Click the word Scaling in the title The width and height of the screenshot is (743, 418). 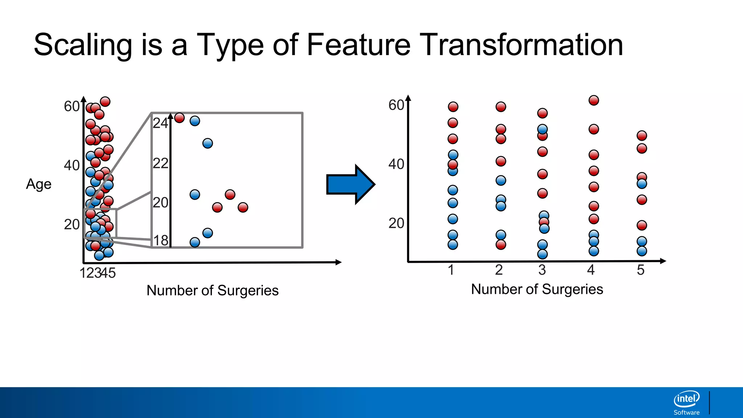coord(83,45)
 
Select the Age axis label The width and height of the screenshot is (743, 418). coord(38,184)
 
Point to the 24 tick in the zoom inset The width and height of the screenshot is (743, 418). coord(160,123)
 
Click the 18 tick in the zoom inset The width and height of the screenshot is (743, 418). coord(161,241)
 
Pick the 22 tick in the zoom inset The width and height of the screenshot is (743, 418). coord(160,164)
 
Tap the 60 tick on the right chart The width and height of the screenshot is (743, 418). coord(396,105)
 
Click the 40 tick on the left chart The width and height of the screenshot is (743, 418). coord(71,165)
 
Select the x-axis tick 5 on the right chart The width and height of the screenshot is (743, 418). coord(641,270)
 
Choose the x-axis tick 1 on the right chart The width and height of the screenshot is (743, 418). coord(451,270)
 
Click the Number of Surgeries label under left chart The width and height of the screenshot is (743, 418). coord(212,291)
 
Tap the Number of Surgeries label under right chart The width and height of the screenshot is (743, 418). coord(537,290)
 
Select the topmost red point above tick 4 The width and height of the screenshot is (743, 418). coord(594,101)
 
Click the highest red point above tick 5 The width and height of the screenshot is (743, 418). coord(642,136)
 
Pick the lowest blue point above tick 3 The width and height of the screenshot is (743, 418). coord(542,254)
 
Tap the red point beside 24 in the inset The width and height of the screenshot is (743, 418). coord(180,118)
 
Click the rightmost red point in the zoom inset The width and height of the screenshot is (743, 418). coord(243,208)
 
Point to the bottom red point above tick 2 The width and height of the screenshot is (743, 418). coord(501,245)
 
